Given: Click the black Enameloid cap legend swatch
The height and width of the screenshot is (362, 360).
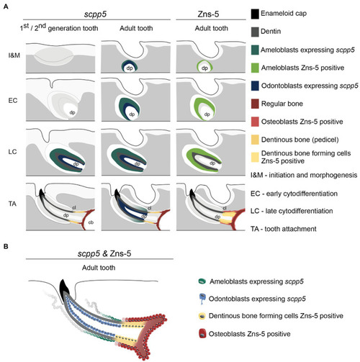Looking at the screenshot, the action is click(x=255, y=14).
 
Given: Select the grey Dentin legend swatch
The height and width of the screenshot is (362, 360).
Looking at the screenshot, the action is click(x=255, y=32).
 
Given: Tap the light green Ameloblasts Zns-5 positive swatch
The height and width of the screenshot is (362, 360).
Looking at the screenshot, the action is click(x=255, y=68).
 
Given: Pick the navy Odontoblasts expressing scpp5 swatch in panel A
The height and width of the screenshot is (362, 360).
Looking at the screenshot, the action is click(x=255, y=86).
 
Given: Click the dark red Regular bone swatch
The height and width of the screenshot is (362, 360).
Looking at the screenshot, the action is click(x=255, y=104).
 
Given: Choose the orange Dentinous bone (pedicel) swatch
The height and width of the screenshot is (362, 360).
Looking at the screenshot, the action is click(x=255, y=140).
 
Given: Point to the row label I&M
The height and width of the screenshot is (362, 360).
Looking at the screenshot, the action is click(x=14, y=55).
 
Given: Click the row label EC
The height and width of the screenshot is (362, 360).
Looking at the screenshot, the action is click(x=13, y=100).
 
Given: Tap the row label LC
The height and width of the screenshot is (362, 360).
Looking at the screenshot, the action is click(x=12, y=152).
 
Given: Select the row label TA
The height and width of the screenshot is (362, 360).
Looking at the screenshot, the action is click(x=12, y=204).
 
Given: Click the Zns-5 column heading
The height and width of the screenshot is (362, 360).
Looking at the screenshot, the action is click(x=208, y=14).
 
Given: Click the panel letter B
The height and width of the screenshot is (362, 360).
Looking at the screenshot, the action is click(x=6, y=247).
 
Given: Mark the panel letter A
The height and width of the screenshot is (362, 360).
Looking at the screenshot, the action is click(x=6, y=6).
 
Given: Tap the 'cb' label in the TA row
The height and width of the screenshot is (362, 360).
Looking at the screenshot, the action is click(x=91, y=222).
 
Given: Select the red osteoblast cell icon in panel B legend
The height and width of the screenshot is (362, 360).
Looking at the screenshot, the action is click(x=203, y=334).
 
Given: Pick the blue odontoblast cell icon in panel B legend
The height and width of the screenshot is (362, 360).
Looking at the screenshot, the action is click(x=203, y=299).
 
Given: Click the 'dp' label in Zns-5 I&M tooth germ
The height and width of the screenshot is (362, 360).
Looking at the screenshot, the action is click(x=204, y=68).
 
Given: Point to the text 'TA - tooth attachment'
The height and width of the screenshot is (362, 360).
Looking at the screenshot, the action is click(x=284, y=229).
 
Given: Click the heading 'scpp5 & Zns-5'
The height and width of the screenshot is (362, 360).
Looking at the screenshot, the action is click(x=104, y=253).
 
